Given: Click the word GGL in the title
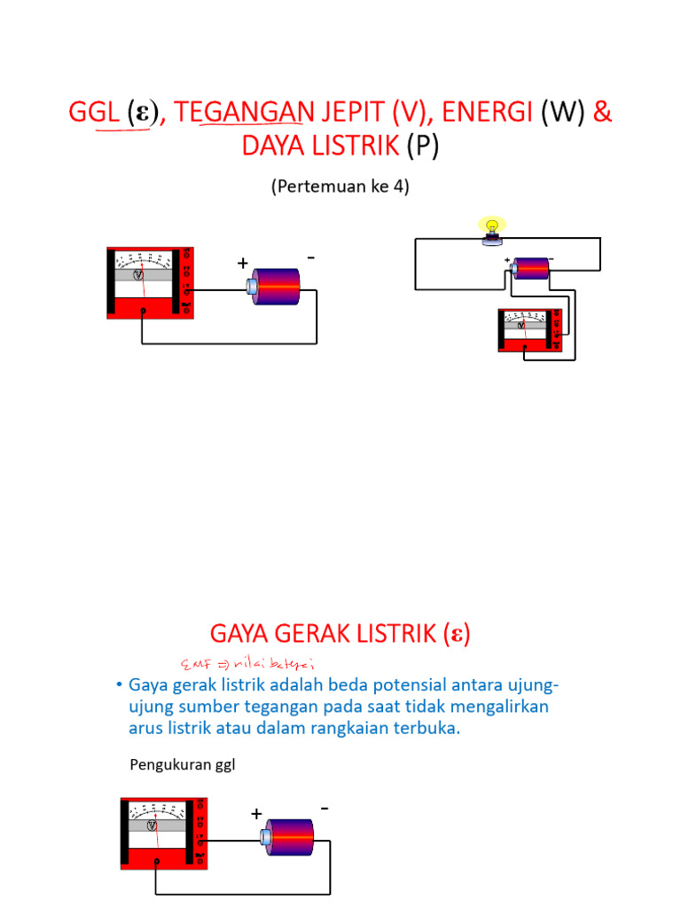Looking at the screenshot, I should (94, 113).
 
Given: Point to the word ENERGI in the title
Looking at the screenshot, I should (487, 113).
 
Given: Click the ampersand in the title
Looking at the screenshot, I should (602, 113).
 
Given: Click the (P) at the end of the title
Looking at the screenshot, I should (423, 146).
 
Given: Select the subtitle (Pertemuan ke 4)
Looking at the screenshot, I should (340, 187).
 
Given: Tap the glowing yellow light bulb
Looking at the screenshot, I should (491, 229).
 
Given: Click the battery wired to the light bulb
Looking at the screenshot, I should (532, 267).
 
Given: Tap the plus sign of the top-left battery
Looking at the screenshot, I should (242, 264).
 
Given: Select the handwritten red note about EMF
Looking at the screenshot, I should (247, 663).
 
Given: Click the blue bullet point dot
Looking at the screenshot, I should (118, 685).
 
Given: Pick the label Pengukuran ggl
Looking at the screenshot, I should (183, 764).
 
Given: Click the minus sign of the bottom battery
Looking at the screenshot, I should (325, 809).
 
